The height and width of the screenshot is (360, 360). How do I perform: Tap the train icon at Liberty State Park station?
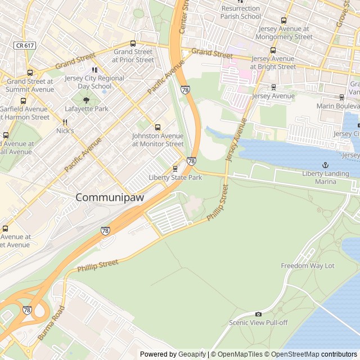(x=175, y=168)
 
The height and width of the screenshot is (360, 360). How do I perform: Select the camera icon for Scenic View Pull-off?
(x=258, y=314)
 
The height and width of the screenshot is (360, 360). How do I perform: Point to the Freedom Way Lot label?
(x=307, y=265)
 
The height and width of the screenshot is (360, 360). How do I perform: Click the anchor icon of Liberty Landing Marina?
(x=325, y=165)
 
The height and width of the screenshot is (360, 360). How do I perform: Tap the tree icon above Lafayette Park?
(x=86, y=100)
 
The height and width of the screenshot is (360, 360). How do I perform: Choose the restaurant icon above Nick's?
(x=65, y=122)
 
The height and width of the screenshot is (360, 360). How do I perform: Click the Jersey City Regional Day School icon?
(x=95, y=70)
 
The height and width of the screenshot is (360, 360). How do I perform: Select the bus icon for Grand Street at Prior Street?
(x=133, y=43)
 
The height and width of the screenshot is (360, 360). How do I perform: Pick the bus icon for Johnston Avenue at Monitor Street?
(x=157, y=127)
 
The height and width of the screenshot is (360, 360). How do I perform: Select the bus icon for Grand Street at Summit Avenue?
(x=30, y=73)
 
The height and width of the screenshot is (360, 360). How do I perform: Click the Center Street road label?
(x=183, y=17)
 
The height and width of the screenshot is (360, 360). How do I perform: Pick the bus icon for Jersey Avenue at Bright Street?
(x=273, y=50)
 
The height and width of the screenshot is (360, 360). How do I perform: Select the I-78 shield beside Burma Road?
(x=27, y=310)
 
